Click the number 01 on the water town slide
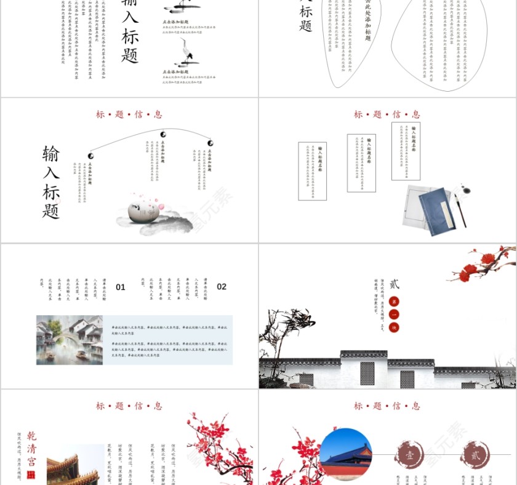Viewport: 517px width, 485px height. pyautogui.click(x=121, y=287)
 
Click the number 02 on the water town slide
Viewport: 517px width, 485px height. pyautogui.click(x=222, y=287)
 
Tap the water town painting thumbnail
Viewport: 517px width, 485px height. pyautogui.click(x=70, y=340)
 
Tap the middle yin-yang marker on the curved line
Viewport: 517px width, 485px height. pyautogui.click(x=163, y=134)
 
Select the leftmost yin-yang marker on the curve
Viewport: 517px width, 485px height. pyautogui.click(x=90, y=156)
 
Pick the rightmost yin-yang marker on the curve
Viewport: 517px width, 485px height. pyautogui.click(x=210, y=143)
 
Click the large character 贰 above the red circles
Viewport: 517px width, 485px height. pyautogui.click(x=395, y=284)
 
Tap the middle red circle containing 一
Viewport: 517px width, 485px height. pyautogui.click(x=394, y=315)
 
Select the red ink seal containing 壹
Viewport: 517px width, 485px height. pyautogui.click(x=409, y=455)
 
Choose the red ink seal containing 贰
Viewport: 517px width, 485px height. pyautogui.click(x=475, y=455)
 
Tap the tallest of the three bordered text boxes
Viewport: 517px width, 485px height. pyautogui.click(x=406, y=151)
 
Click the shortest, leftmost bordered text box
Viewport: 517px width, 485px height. pyautogui.click(x=312, y=171)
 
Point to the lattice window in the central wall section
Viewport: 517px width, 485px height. pyautogui.click(x=367, y=372)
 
